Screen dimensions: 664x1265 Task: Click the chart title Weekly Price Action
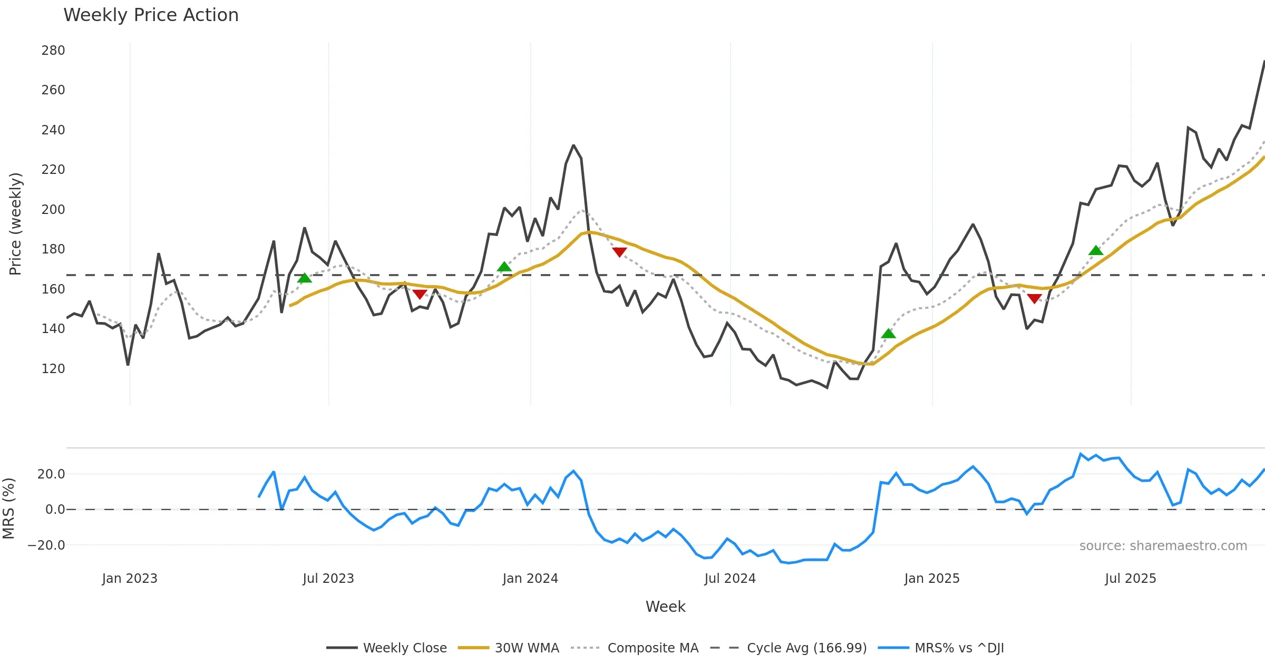click(151, 15)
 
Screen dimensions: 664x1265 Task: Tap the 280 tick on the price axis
click(53, 51)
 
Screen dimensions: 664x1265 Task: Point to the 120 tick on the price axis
click(53, 369)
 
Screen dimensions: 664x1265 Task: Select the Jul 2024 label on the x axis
click(730, 579)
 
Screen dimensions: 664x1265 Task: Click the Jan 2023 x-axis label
click(130, 579)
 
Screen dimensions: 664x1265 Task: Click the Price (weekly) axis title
click(16, 224)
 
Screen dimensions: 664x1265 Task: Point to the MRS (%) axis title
click(9, 509)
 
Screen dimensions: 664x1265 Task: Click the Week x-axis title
click(665, 607)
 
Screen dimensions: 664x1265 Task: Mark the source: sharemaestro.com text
click(1163, 546)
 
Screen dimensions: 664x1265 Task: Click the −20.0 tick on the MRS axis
click(46, 545)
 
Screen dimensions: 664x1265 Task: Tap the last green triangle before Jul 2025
click(1096, 251)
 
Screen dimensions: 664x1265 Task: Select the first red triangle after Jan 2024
click(620, 252)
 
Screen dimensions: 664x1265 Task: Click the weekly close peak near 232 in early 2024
click(573, 145)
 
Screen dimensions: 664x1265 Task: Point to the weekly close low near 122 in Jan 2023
click(128, 365)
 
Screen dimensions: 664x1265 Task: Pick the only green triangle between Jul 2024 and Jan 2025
click(889, 334)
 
